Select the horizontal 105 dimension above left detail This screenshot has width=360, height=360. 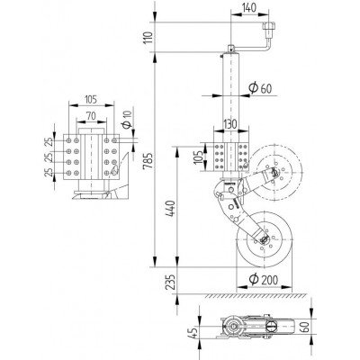click(89, 101)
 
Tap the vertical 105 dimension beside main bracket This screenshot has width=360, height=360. click(199, 157)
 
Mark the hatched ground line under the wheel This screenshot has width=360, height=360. click(252, 296)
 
